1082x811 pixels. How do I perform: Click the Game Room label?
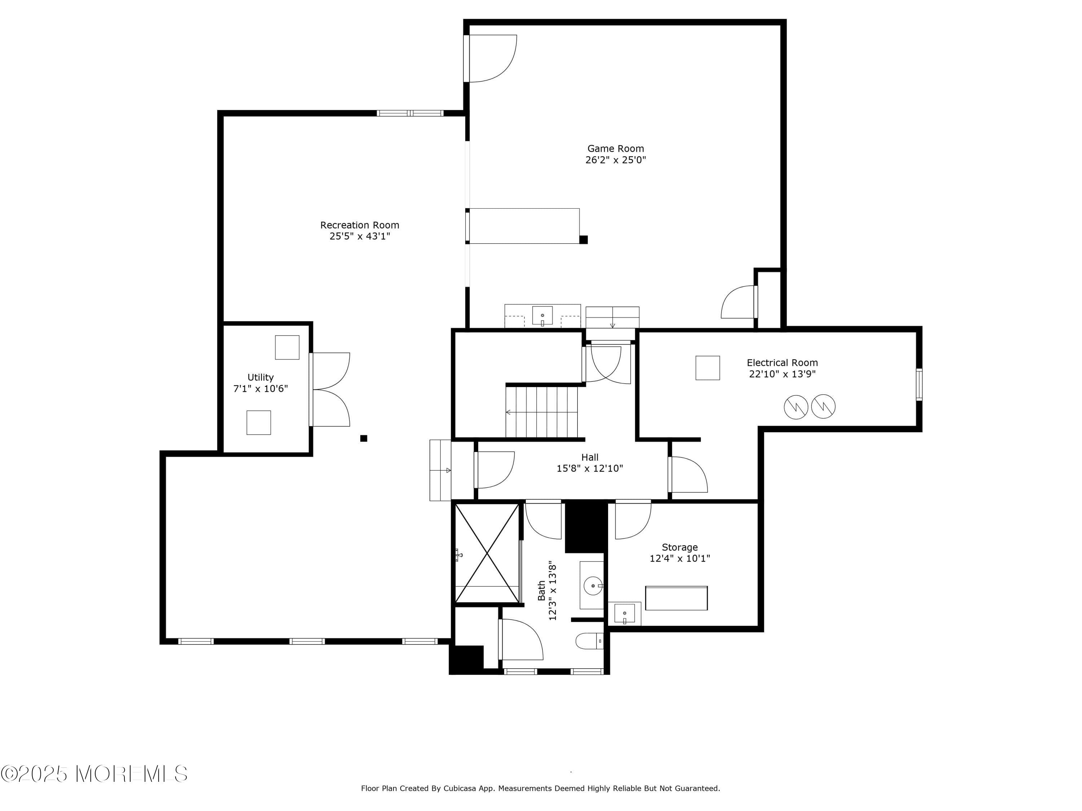coord(615,149)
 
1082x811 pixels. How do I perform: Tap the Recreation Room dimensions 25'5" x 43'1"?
coord(360,236)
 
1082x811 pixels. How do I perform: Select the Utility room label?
coord(260,377)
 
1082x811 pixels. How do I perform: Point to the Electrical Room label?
coord(782,363)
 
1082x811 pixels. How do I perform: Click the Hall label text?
coord(589,457)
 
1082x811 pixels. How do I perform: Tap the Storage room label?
coord(679,548)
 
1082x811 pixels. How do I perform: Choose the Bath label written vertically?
coord(541,590)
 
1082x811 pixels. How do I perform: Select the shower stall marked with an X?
coord(487,553)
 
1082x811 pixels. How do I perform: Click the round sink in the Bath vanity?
coord(593,585)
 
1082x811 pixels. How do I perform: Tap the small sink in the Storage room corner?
coord(625,613)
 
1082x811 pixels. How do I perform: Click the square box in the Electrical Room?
coord(707,368)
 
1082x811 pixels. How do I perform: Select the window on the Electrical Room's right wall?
coord(919,385)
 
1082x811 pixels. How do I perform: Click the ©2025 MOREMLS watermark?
coord(94,774)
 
